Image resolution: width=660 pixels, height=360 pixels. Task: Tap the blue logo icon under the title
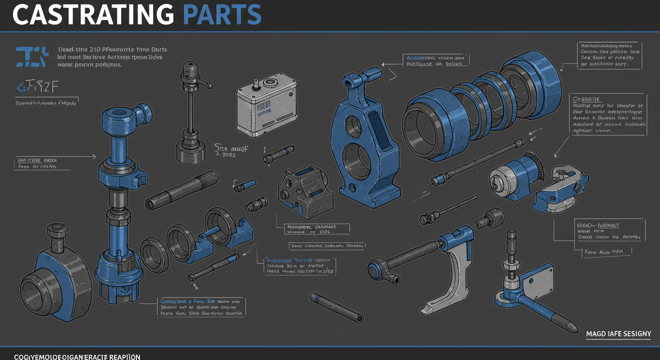(x=31, y=56)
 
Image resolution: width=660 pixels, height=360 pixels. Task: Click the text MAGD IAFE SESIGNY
(x=618, y=334)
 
